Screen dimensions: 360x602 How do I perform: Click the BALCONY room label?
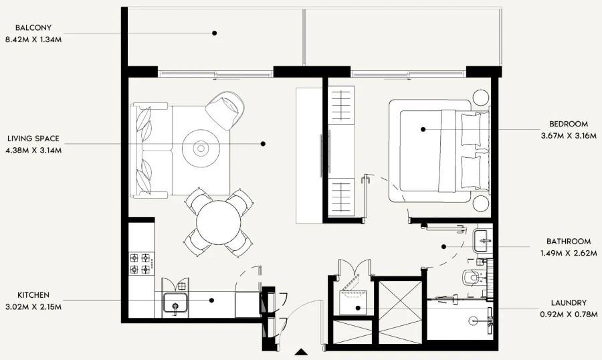tap(33, 28)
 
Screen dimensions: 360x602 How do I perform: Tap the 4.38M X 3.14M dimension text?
tap(33, 150)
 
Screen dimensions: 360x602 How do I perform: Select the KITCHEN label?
tap(33, 295)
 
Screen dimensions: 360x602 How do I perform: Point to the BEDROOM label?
tap(568, 124)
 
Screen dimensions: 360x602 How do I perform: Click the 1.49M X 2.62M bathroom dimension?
tap(568, 253)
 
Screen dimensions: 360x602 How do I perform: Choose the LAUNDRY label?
tap(568, 302)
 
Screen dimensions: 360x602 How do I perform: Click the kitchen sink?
tap(176, 304)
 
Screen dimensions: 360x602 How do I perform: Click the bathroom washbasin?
tap(482, 238)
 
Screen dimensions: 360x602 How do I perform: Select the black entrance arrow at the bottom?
tap(302, 351)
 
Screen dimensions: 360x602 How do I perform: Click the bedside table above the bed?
tap(482, 98)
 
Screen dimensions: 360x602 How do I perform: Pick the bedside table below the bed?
tap(482, 202)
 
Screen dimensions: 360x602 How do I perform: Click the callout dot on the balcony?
tap(215, 32)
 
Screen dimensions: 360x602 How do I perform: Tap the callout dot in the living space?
tap(263, 143)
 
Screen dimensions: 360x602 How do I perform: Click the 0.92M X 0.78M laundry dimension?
tap(568, 314)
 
